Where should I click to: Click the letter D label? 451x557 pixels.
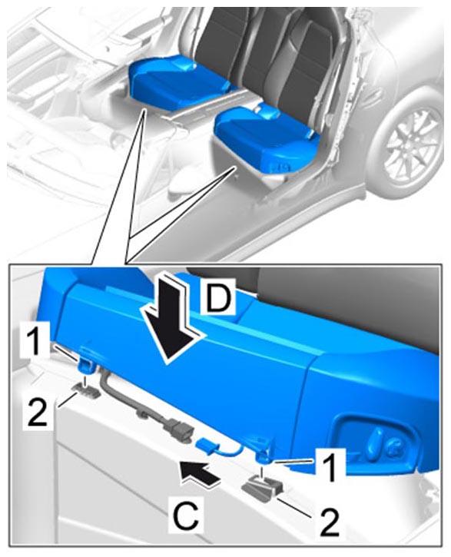point(218,297)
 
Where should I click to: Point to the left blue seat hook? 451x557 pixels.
point(85,365)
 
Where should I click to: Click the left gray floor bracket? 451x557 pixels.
point(86,390)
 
